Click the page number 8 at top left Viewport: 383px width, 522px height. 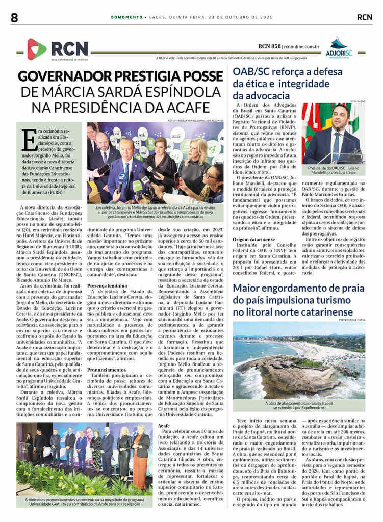[14, 17]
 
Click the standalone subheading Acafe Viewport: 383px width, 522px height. [164, 425]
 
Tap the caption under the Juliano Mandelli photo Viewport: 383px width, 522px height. [333, 171]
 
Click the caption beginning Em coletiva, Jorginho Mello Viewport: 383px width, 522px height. [155, 211]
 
